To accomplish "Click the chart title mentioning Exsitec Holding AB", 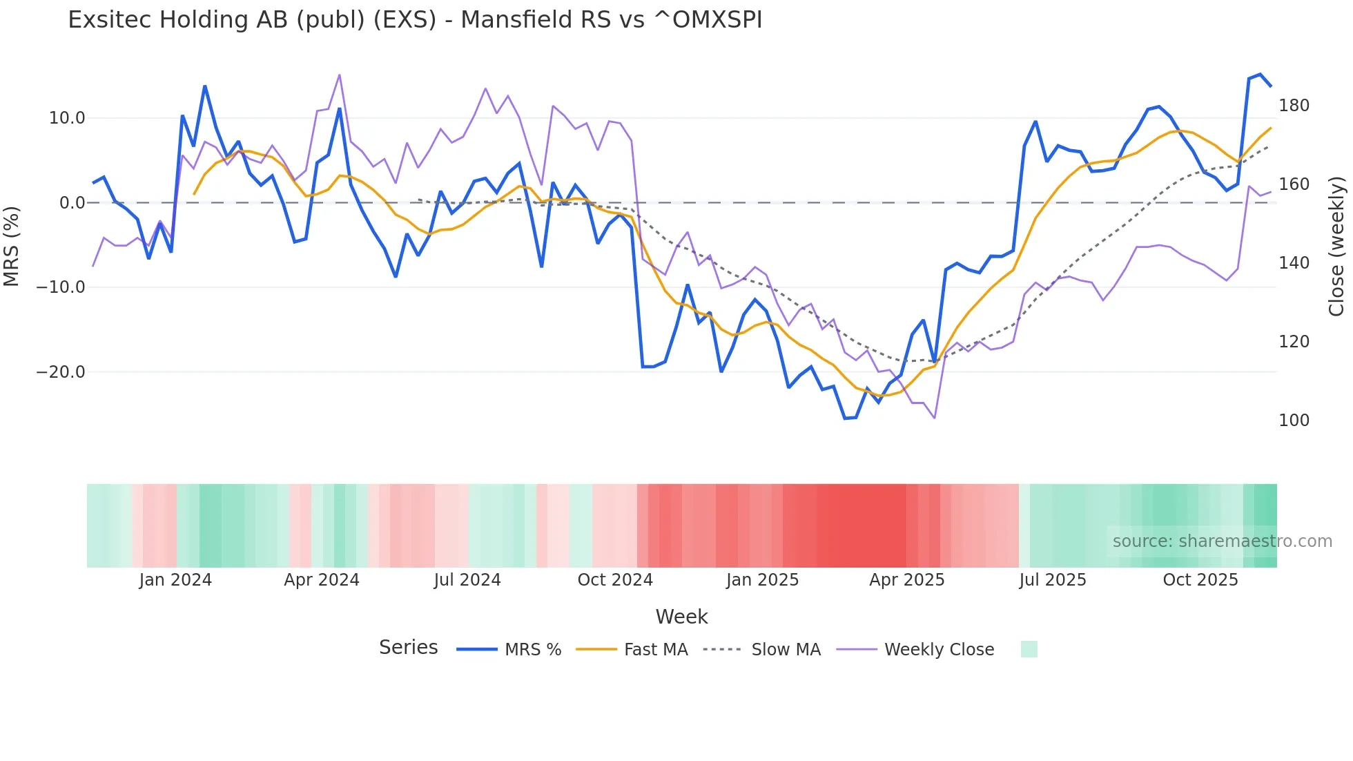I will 415,20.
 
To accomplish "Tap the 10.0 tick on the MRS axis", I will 67,118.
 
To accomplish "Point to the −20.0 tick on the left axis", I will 61,372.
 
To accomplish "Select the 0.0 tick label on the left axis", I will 72,203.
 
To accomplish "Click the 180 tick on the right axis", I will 1294,106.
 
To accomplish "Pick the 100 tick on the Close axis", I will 1294,421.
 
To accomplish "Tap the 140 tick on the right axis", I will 1294,263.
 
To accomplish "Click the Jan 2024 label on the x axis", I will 175,580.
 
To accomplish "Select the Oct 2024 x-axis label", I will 615,580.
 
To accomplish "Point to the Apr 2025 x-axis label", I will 906,580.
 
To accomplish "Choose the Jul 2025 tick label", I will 1053,580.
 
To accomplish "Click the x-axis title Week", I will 681,617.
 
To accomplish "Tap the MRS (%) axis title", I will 12,246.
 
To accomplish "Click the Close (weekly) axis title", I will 1336,247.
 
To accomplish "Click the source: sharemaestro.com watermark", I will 1222,541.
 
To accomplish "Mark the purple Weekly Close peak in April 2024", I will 339,75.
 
